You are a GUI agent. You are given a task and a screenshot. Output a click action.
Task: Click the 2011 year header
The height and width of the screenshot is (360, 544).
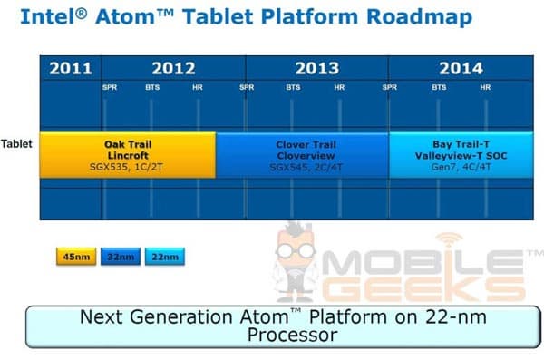pyautogui.click(x=70, y=68)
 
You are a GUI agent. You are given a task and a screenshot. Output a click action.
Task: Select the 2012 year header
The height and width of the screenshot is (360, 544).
pyautogui.click(x=173, y=68)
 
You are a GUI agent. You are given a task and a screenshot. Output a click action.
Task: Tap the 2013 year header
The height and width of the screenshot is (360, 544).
pyautogui.click(x=316, y=68)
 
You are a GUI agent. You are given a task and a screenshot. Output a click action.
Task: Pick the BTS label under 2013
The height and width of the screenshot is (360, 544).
pyautogui.click(x=294, y=88)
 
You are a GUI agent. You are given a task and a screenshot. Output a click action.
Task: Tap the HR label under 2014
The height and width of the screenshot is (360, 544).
pyautogui.click(x=485, y=88)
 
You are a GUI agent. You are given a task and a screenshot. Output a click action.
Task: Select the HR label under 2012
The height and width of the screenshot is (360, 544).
pyautogui.click(x=198, y=88)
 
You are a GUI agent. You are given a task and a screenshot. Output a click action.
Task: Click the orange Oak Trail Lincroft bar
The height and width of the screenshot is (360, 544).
pyautogui.click(x=127, y=154)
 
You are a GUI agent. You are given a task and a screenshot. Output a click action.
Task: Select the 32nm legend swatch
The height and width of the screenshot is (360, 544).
pyautogui.click(x=118, y=258)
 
